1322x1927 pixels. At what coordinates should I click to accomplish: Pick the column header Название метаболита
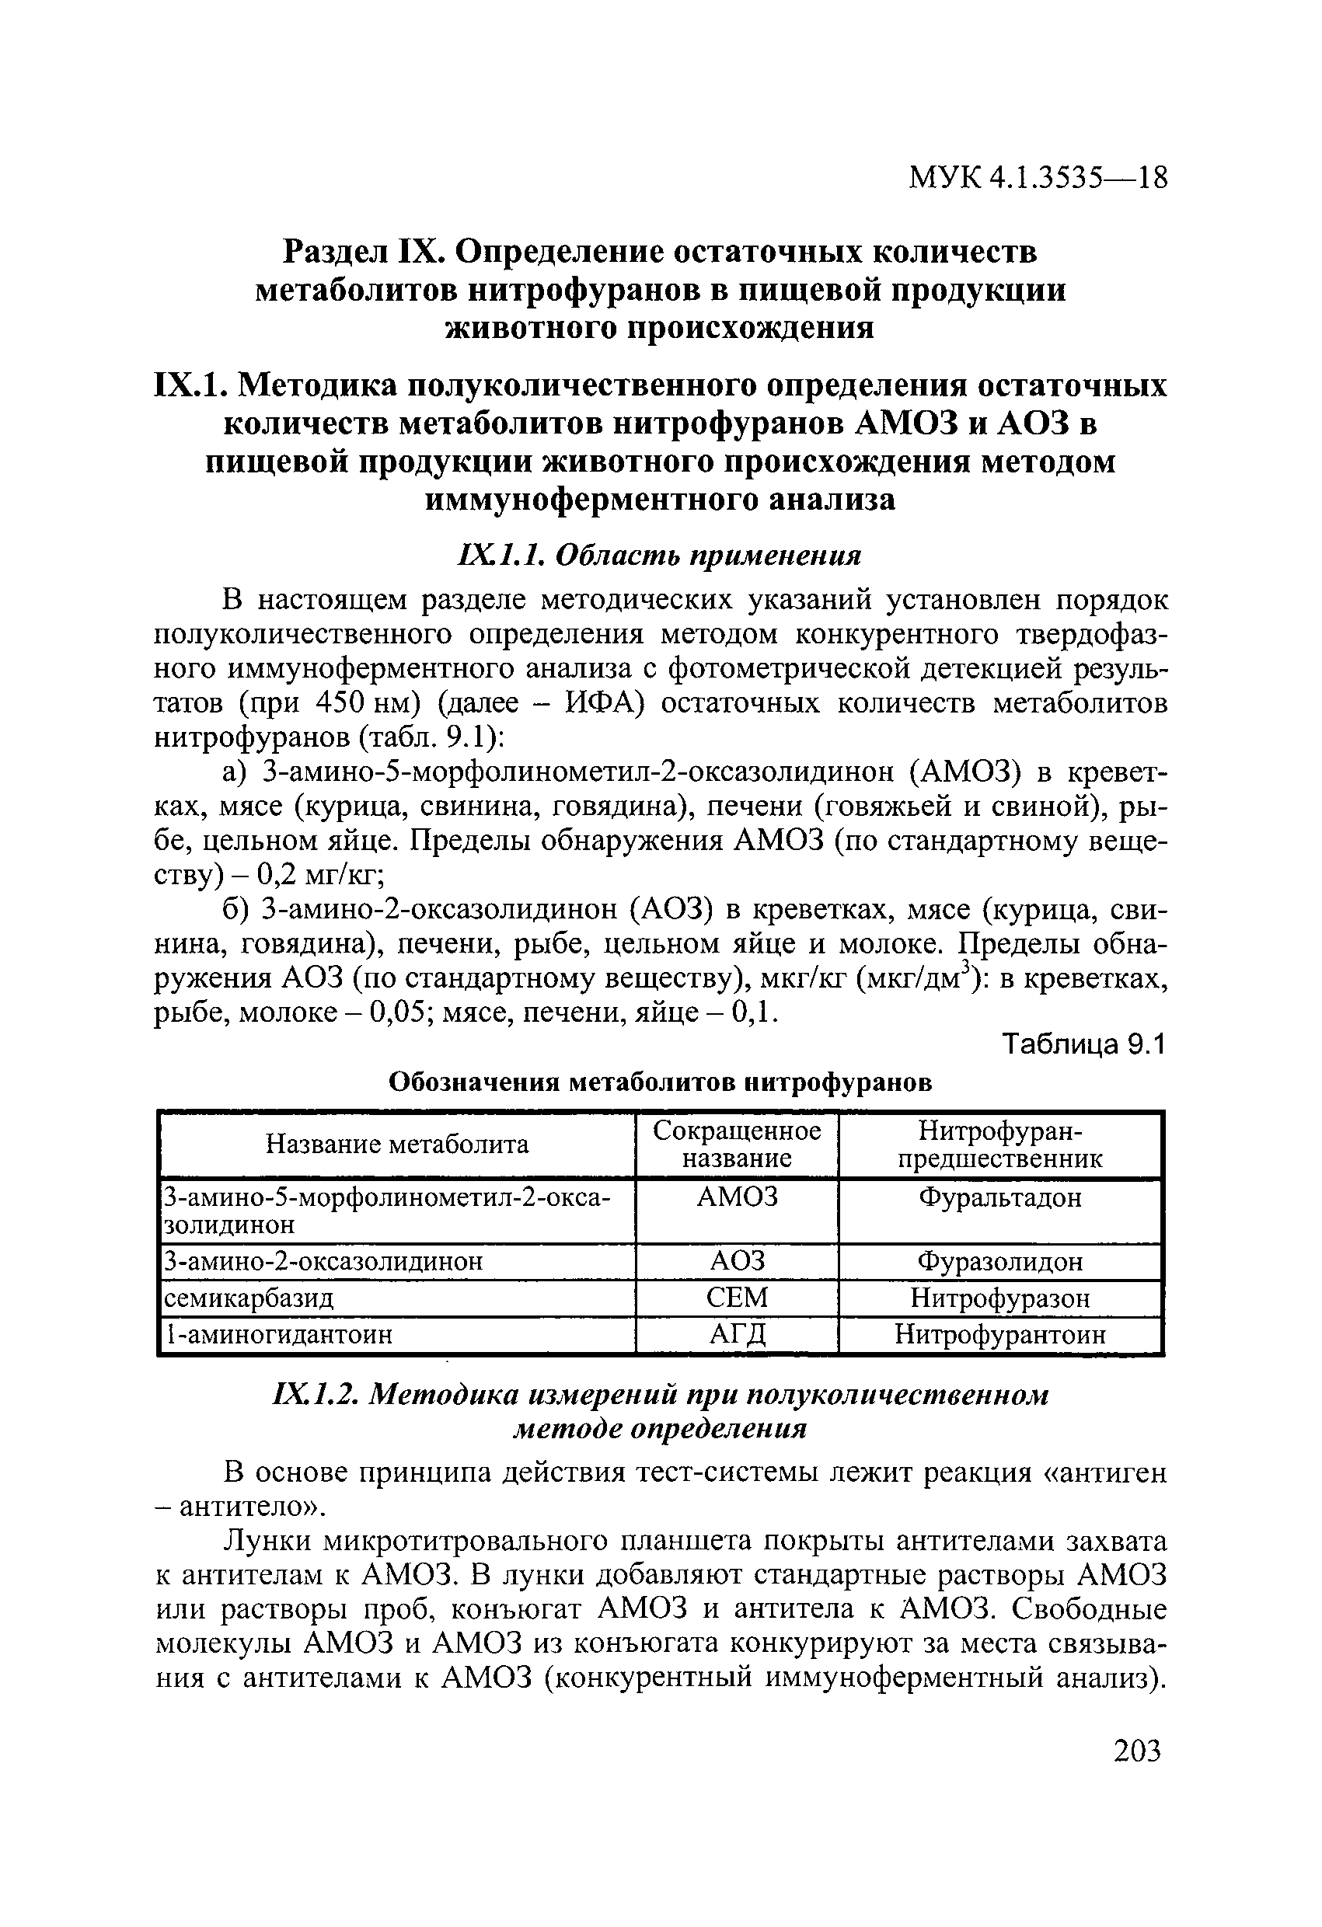pyautogui.click(x=396, y=1145)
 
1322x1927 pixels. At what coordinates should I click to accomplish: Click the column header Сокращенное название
pyautogui.click(x=737, y=1145)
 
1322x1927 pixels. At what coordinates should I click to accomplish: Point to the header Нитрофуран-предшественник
pyautogui.click(x=1000, y=1145)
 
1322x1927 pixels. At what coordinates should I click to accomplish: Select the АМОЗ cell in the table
pyautogui.click(x=737, y=1197)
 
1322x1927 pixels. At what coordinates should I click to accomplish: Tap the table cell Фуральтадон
pyautogui.click(x=1000, y=1197)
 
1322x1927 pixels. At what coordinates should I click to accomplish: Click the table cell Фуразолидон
pyautogui.click(x=1000, y=1262)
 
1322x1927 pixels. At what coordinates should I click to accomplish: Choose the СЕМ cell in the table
pyautogui.click(x=737, y=1298)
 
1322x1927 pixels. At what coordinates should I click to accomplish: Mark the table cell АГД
pyautogui.click(x=737, y=1334)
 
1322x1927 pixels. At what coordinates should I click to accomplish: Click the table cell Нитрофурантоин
pyautogui.click(x=1000, y=1334)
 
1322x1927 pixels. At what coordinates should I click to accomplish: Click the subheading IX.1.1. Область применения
pyautogui.click(x=659, y=555)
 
